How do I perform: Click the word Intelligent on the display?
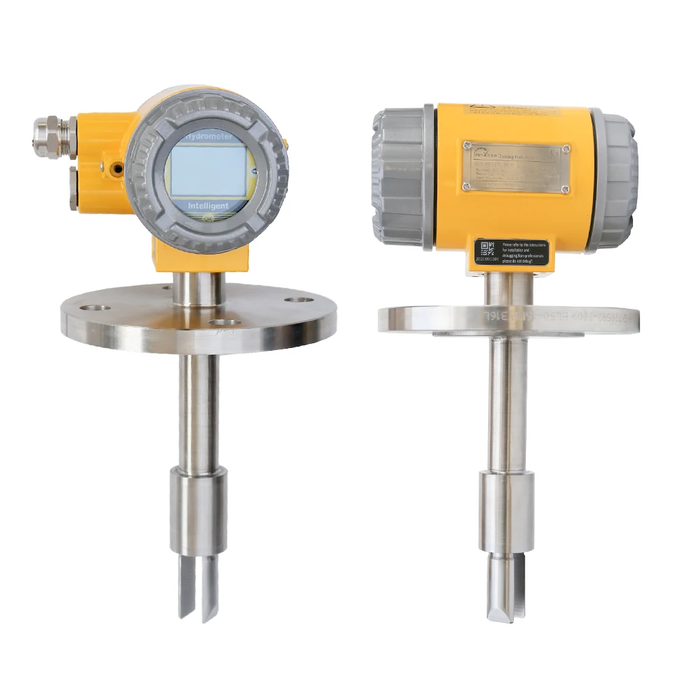click(x=207, y=204)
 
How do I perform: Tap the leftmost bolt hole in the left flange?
click(x=100, y=308)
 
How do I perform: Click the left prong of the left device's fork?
click(x=185, y=586)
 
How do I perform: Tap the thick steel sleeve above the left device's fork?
click(x=198, y=511)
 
